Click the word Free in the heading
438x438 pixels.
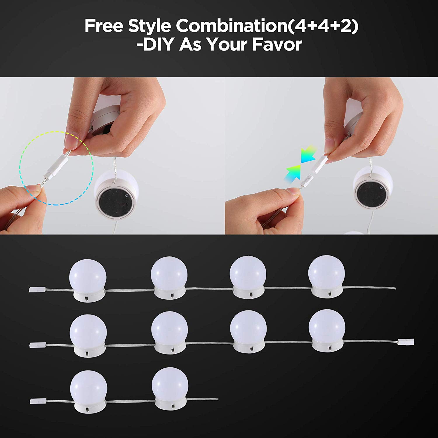pos(104,26)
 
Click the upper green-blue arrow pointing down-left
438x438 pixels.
pos(308,153)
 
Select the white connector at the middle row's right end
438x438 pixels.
pos(406,341)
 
